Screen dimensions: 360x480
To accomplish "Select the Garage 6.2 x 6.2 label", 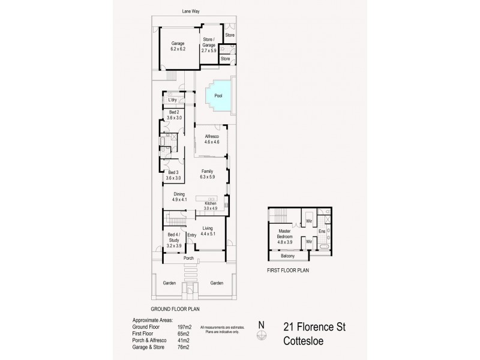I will [178, 46].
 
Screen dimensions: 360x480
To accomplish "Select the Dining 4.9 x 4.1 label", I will [179, 196].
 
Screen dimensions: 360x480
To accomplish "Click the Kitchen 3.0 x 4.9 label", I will [210, 206].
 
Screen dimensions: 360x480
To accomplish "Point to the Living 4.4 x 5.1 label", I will [208, 230].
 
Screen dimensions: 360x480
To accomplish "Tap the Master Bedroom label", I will [284, 235].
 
